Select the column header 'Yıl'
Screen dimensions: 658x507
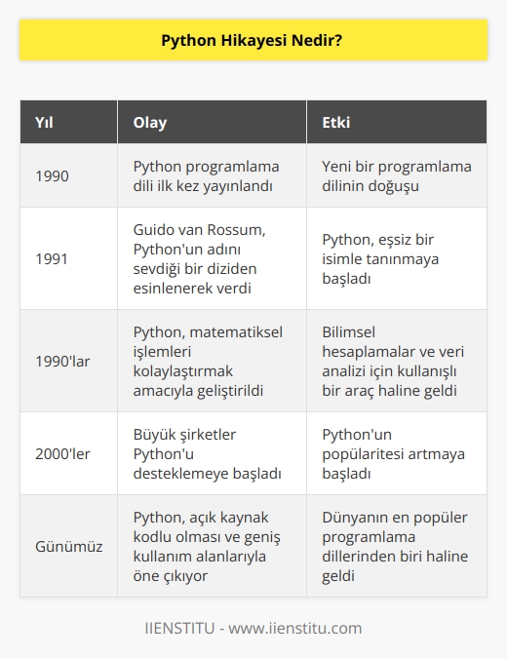pos(46,125)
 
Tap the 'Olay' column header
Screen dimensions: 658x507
pos(149,125)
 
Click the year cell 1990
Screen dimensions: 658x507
pos(53,175)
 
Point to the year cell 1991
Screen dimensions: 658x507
pos(53,258)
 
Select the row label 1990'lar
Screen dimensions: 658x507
pos(62,361)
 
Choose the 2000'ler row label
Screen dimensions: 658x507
pos(62,453)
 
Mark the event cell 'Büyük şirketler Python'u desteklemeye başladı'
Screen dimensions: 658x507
pos(204,453)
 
